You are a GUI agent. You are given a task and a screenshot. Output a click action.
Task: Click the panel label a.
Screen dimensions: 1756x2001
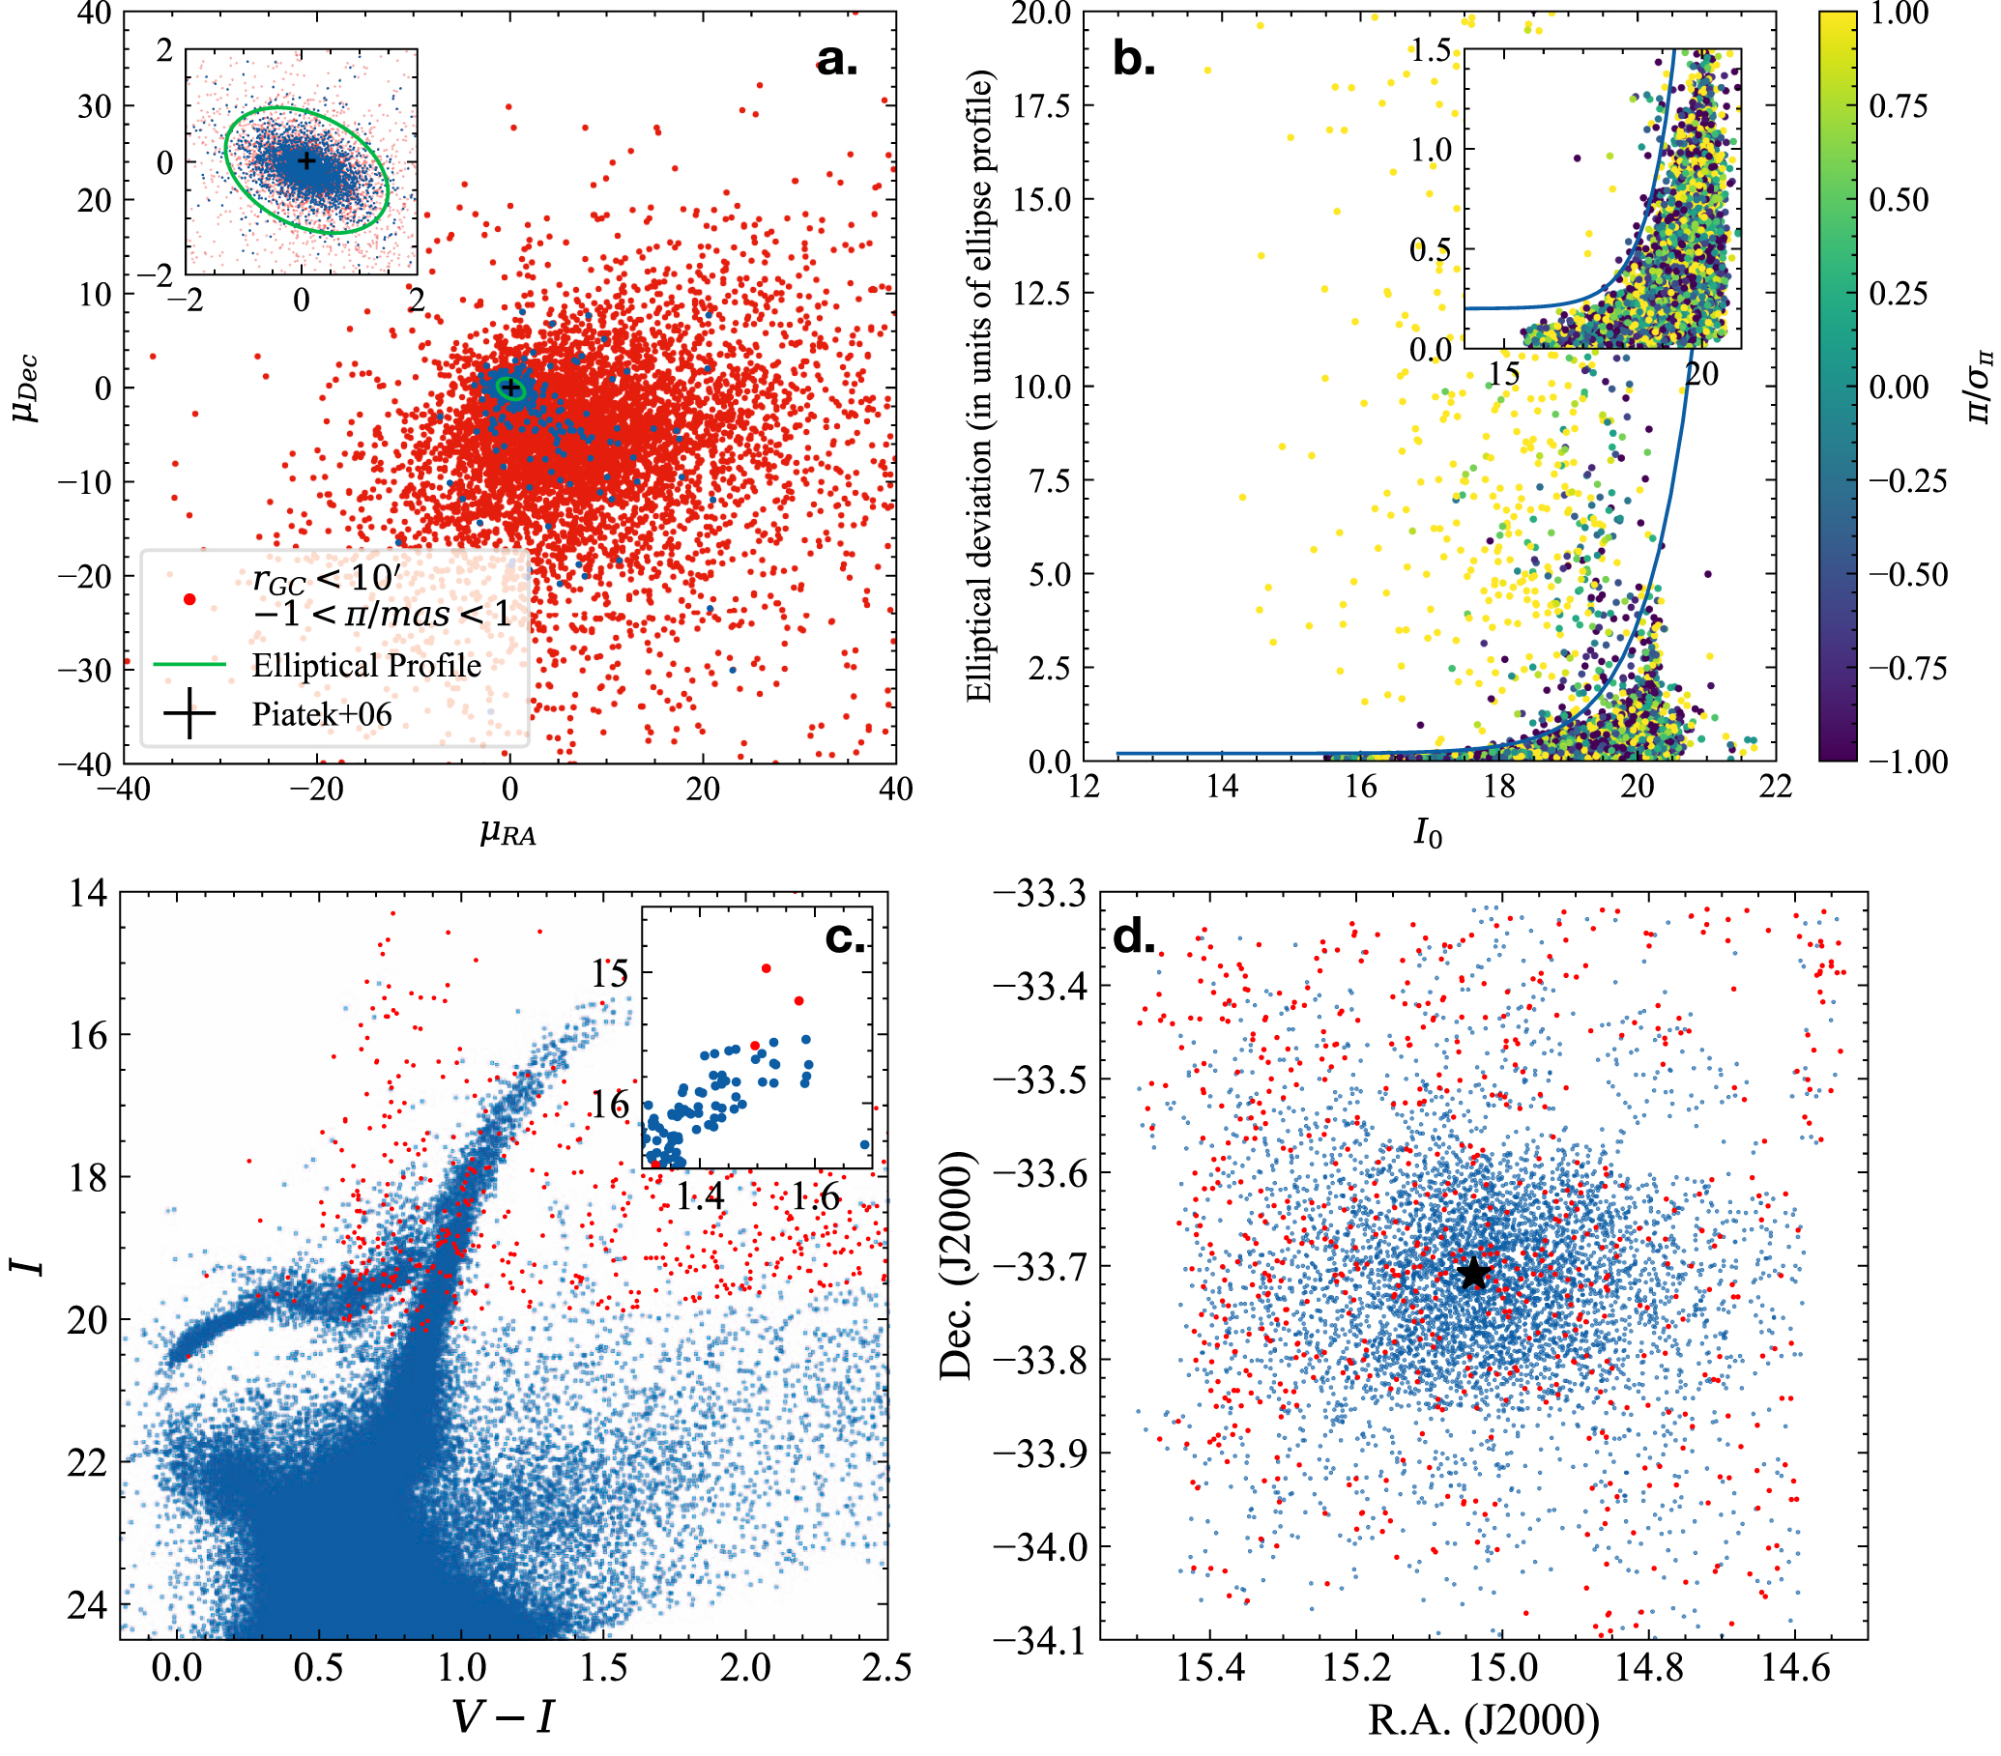[x=836, y=61]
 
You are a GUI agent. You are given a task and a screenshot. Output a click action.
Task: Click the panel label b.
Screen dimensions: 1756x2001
[x=1134, y=61]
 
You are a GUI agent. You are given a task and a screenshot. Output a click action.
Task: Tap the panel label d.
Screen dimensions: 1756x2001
[x=1134, y=937]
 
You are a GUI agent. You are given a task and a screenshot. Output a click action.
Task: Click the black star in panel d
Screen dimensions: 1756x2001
[x=1473, y=1274]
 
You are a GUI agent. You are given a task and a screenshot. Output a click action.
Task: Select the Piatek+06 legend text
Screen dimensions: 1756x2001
[x=321, y=714]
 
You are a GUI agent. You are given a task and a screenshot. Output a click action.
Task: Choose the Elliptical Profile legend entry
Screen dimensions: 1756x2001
[x=366, y=666]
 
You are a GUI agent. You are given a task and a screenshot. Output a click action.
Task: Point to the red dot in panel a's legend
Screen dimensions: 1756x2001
[x=189, y=599]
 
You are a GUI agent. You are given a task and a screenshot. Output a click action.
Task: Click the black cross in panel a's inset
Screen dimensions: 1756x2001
[x=306, y=160]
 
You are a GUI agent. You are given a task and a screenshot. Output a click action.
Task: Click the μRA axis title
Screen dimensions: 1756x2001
[x=508, y=833]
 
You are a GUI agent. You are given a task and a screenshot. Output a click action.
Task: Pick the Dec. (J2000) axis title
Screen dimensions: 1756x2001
[x=956, y=1265]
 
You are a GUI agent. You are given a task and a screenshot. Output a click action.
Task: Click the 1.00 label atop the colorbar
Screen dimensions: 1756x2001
[x=1899, y=14]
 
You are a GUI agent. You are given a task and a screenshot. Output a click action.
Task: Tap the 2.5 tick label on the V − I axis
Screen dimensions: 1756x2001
[x=887, y=1668]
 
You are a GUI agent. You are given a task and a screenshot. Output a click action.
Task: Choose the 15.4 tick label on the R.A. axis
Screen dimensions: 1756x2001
[x=1210, y=1668]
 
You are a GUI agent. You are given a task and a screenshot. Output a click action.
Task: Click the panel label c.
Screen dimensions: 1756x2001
[x=845, y=937]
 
